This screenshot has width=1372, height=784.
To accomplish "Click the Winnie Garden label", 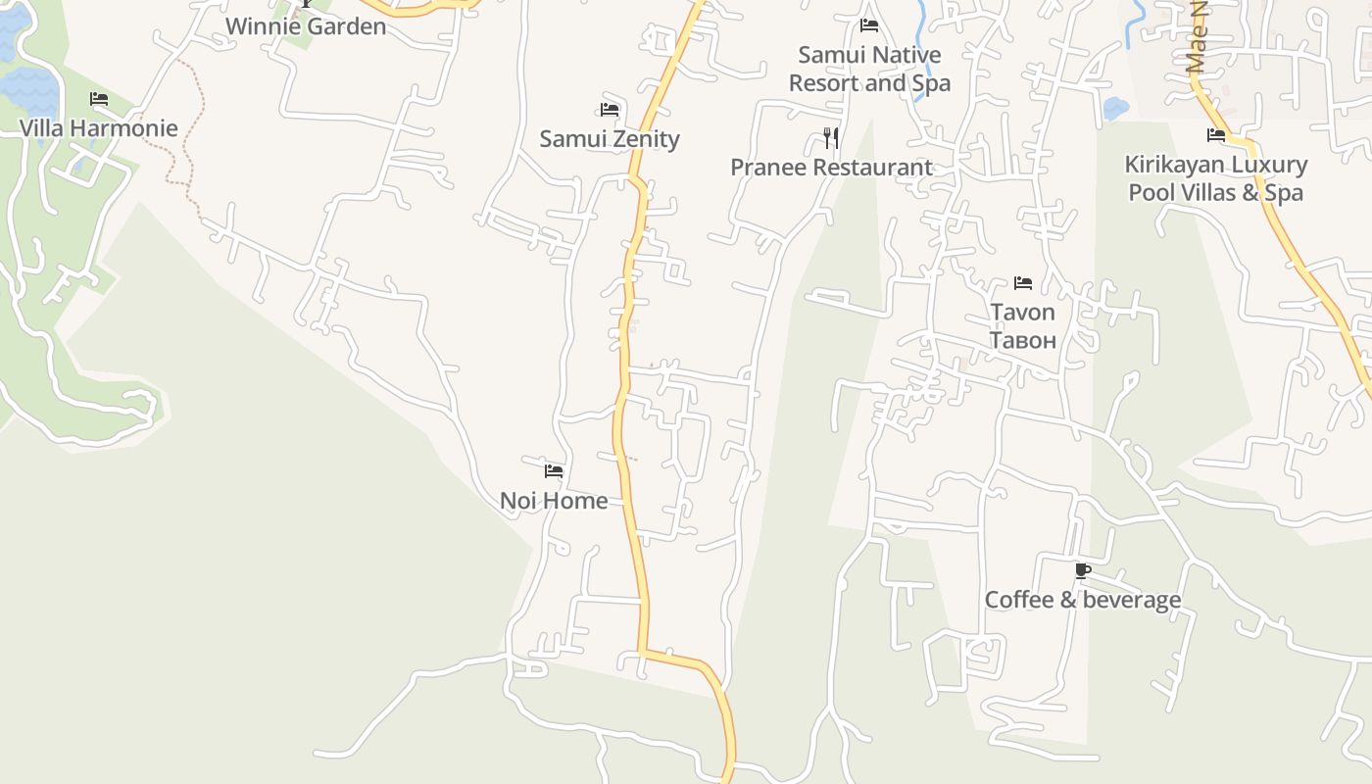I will (x=306, y=26).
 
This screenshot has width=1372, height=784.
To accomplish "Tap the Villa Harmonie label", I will (x=99, y=128).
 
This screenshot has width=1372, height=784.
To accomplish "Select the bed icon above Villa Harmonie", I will (x=98, y=99).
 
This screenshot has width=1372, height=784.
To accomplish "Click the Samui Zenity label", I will (x=609, y=139).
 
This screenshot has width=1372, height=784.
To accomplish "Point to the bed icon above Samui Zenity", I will (x=610, y=110).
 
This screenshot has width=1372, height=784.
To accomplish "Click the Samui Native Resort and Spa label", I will (x=869, y=69).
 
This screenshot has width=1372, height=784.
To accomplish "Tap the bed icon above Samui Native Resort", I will (x=868, y=25).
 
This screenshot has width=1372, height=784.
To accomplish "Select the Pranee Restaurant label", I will (x=831, y=168).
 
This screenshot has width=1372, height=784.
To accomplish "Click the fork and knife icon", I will (x=831, y=137).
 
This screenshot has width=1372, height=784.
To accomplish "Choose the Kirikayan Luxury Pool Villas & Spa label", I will (x=1215, y=178).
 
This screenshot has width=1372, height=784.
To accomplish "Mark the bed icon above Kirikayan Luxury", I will (x=1216, y=135).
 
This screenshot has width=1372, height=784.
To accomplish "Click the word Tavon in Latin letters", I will (x=1022, y=313).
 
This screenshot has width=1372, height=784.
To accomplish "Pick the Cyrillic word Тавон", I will (x=1022, y=340).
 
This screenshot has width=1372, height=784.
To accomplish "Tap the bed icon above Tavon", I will (x=1023, y=283).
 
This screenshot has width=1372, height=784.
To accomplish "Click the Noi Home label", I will (x=554, y=501).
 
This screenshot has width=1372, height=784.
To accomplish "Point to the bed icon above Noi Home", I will (x=554, y=471).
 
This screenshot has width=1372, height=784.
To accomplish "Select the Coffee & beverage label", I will (x=1082, y=600).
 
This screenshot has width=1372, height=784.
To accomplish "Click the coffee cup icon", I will (x=1082, y=570).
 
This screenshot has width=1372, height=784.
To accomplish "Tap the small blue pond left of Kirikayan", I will (x=1116, y=108).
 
